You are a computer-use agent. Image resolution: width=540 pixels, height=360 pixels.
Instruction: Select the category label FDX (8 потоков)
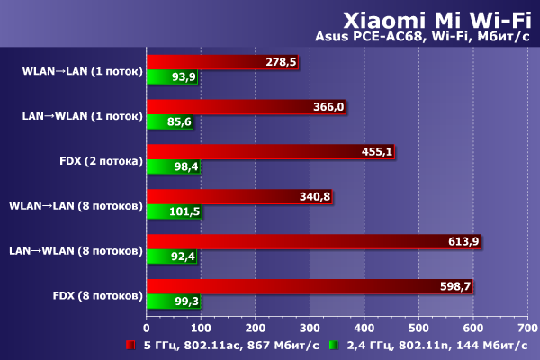(x=97, y=293)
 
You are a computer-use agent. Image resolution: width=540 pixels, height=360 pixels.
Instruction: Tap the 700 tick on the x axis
(x=527, y=328)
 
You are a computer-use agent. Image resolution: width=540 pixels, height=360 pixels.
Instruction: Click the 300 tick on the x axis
(x=310, y=328)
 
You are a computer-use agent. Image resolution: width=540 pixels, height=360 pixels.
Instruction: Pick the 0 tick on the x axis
(x=147, y=328)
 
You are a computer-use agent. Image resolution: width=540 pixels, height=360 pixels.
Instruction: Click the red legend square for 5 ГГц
(x=132, y=346)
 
